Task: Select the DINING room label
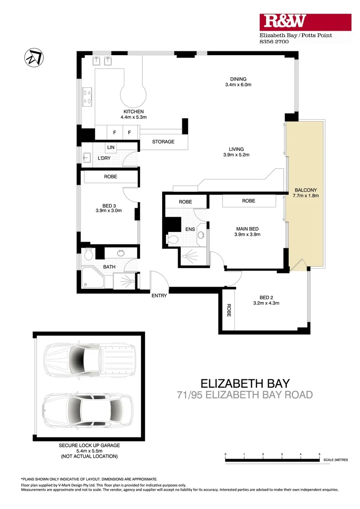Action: click(238, 79)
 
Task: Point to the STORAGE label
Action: click(163, 142)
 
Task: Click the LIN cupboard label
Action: click(111, 148)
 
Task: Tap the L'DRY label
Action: click(104, 158)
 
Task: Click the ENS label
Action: click(190, 230)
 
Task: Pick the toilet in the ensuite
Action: click(172, 239)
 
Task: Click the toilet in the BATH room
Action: click(88, 255)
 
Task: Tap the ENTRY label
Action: click(159, 296)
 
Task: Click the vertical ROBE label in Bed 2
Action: click(229, 309)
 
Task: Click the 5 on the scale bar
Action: click(319, 454)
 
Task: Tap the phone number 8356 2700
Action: click(274, 41)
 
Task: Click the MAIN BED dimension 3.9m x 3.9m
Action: click(248, 234)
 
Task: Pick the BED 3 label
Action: click(108, 205)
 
